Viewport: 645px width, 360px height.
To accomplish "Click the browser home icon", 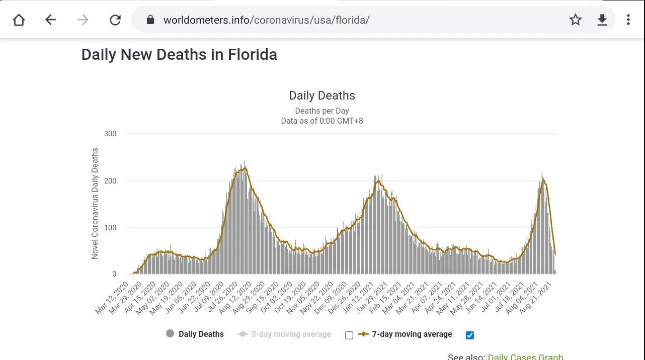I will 19,20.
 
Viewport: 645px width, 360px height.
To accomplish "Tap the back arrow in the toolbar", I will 50,20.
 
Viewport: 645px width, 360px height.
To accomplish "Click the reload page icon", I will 115,20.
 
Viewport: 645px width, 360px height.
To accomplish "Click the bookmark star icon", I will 576,20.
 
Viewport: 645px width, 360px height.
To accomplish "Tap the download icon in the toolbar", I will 602,20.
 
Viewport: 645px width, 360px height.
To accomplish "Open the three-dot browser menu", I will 628,20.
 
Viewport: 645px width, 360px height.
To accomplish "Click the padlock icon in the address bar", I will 150,20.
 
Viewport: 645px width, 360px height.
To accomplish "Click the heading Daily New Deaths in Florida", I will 179,54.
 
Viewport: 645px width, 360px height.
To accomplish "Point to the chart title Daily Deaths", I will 322,96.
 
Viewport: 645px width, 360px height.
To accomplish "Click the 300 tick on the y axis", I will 110,134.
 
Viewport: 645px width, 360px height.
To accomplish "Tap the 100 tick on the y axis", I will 110,228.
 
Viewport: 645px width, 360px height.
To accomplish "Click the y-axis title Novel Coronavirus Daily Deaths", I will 95,204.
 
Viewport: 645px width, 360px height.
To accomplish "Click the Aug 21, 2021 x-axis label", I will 539,298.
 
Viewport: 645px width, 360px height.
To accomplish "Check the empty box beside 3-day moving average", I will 349,335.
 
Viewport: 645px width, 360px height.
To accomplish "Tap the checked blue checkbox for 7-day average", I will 470,335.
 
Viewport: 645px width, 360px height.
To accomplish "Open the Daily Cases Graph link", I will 525,356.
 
